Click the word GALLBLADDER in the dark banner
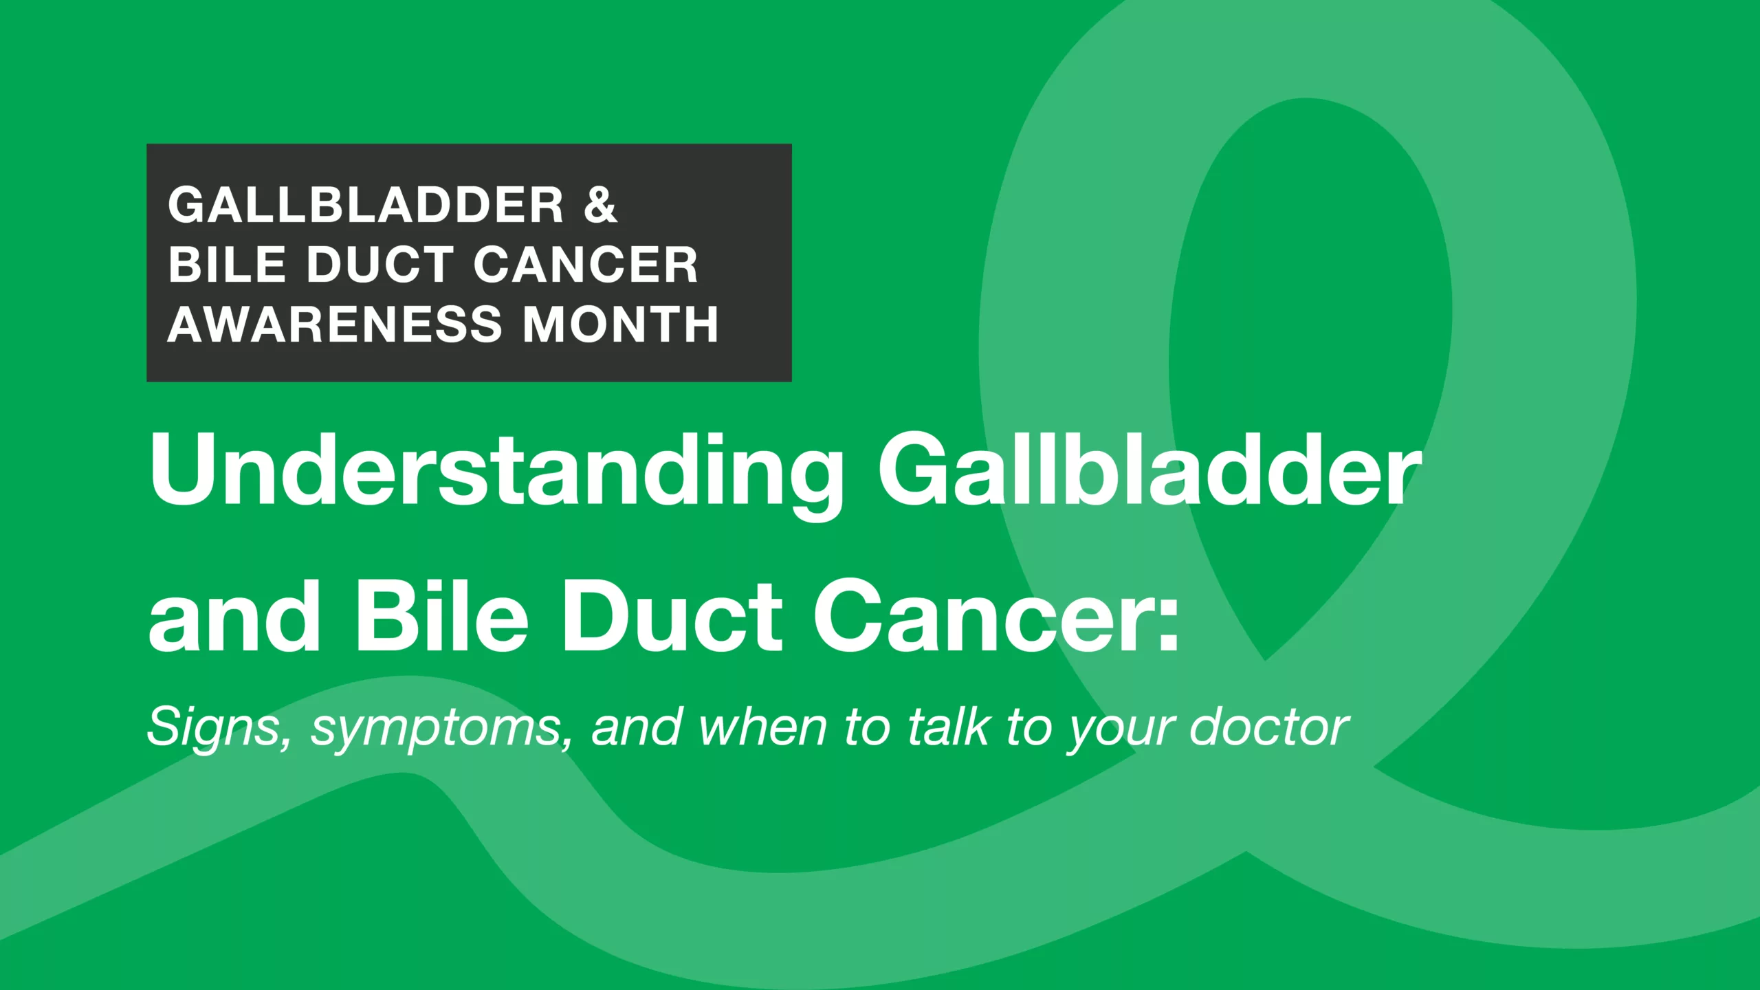click(366, 205)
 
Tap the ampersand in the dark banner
click(600, 205)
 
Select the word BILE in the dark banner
click(227, 265)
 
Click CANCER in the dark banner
click(586, 265)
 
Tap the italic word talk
click(949, 726)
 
